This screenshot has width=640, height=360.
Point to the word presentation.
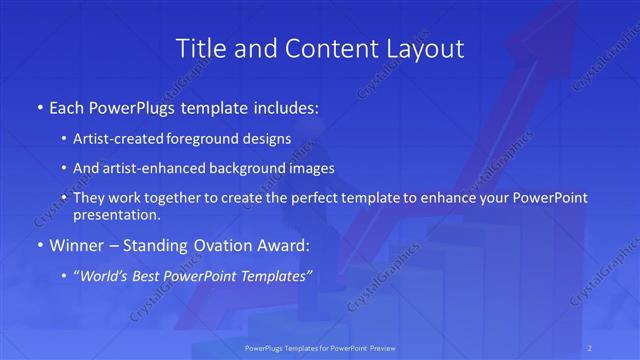[115, 214]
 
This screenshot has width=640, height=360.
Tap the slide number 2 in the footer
[590, 347]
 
